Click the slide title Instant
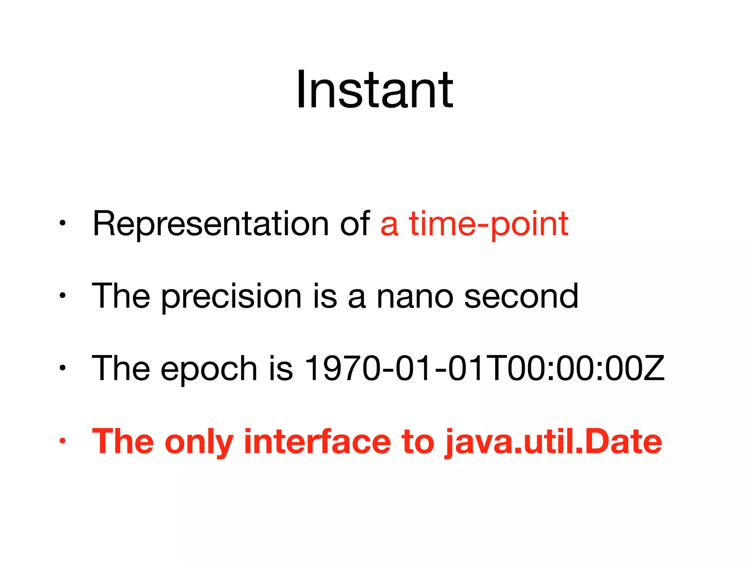click(374, 90)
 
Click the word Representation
click(210, 224)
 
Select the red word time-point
click(489, 224)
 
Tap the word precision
click(231, 296)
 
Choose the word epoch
click(208, 369)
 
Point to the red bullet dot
click(63, 441)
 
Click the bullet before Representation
click(63, 223)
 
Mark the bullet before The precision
click(63, 295)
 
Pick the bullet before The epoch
click(63, 368)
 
